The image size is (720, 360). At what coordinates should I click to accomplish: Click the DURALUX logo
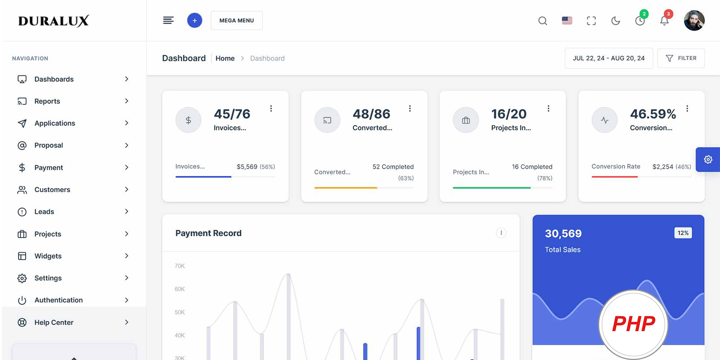(x=54, y=21)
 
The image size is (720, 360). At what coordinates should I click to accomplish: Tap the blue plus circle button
(x=194, y=20)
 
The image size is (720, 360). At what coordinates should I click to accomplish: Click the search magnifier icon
(x=543, y=21)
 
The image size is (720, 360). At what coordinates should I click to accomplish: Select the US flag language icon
(x=567, y=21)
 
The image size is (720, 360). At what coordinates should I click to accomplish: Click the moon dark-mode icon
(x=616, y=21)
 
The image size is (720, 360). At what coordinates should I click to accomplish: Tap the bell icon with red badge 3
(x=664, y=21)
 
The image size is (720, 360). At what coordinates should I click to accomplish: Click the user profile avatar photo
(x=694, y=21)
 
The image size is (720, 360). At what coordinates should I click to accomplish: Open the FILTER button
(x=681, y=58)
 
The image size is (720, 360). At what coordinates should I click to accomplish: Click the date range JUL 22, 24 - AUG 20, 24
(x=608, y=58)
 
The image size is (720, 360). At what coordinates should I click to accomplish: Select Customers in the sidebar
(x=52, y=189)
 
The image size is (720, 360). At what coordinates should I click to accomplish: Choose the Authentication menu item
(x=58, y=300)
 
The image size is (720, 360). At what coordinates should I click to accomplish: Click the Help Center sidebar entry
(x=54, y=322)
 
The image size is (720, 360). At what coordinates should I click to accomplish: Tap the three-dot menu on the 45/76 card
(x=271, y=108)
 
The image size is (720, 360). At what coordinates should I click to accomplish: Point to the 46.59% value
(x=652, y=114)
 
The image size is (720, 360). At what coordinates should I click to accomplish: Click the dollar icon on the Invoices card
(x=188, y=120)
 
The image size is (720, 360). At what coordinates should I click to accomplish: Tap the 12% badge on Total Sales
(x=683, y=233)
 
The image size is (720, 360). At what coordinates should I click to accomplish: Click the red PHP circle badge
(x=633, y=324)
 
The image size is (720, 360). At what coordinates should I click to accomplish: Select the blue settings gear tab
(x=708, y=159)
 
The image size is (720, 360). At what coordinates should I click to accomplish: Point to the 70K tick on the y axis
(x=180, y=266)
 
